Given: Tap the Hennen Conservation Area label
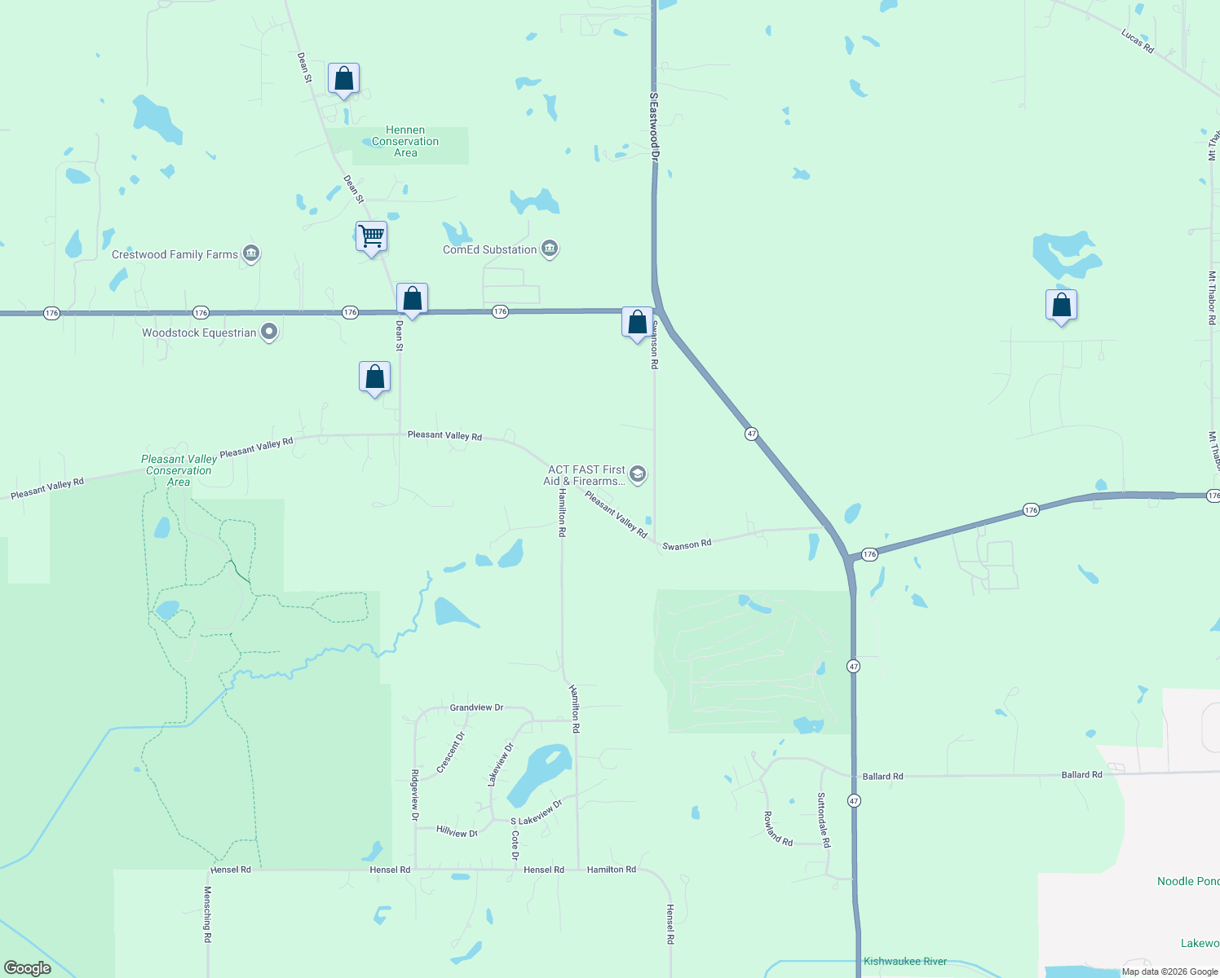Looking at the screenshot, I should point(405,142).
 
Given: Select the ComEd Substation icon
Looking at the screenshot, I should point(550,249).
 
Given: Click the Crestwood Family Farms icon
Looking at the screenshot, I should point(251,254).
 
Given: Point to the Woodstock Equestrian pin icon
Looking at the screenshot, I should point(270,332).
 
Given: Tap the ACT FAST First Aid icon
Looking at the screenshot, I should point(638,474).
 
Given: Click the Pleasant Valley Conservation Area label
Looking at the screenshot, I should point(179,470).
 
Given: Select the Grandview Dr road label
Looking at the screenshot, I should point(476,707).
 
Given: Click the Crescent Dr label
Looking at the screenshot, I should point(450,752).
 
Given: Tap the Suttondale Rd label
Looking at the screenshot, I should point(824,820).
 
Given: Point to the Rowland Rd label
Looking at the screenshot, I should point(778,829).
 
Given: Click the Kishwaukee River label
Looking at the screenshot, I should point(905,962).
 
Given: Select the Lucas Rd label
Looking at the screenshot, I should point(1137,42).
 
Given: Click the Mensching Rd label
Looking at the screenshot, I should point(208,914).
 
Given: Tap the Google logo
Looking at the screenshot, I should point(28,968).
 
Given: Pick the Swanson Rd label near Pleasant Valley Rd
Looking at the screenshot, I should point(687,544).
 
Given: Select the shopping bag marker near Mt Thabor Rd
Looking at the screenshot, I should point(1061,306).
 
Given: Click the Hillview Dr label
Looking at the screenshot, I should point(457,832).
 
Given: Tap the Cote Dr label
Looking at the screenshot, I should point(515,845).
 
